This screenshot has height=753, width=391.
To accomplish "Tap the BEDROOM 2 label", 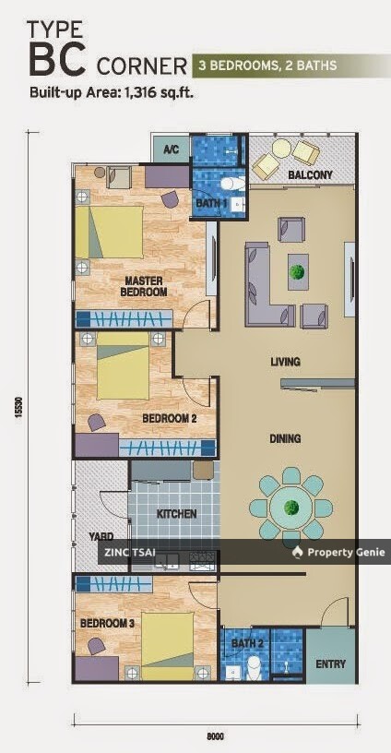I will click(170, 418).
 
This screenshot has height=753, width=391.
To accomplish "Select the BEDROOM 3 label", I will click(106, 623).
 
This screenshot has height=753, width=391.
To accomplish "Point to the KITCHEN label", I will click(175, 513).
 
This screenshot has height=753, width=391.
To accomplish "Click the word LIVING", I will click(285, 362).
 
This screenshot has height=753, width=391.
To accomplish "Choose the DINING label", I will click(285, 440).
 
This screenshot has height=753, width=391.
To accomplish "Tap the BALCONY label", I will click(310, 174).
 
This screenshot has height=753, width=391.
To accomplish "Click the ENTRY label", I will click(330, 663).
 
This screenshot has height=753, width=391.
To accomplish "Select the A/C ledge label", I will click(171, 149).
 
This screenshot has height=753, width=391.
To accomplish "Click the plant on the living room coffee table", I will click(297, 272).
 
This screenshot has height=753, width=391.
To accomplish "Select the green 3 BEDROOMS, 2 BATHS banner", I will click(289, 66).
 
